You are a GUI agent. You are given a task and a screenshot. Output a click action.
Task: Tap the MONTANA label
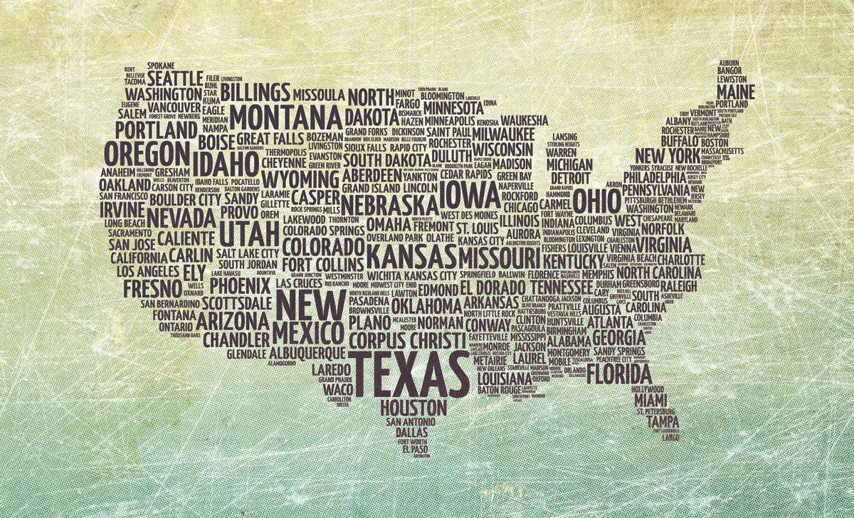pyautogui.click(x=285, y=115)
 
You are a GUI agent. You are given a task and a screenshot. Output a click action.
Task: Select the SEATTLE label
pyautogui.click(x=175, y=78)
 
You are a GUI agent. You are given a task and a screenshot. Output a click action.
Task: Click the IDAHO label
pyautogui.click(x=224, y=163)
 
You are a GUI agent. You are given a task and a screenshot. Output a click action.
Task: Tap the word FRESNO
pyautogui.click(x=152, y=287)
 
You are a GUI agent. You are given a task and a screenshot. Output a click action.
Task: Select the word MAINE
pyautogui.click(x=736, y=92)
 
